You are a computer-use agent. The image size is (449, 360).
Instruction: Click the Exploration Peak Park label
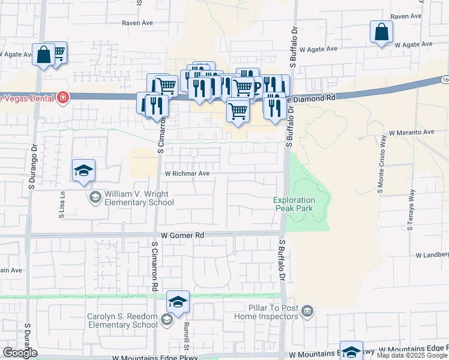[x=294, y=204]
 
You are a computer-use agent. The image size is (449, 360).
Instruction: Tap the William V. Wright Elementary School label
[x=139, y=198]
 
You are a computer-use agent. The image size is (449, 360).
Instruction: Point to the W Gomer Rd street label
[x=179, y=236]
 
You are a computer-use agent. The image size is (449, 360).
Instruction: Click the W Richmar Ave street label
[x=187, y=173]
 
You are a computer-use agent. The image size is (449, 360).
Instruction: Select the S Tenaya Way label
[x=412, y=210]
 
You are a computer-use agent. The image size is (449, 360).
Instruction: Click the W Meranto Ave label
[x=411, y=132]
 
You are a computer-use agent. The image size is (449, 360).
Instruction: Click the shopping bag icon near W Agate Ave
[x=381, y=32]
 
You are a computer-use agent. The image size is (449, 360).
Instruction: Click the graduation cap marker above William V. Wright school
[x=83, y=170]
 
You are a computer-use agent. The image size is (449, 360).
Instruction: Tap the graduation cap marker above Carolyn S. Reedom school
[x=178, y=302]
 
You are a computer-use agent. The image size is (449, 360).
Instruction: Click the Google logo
[x=20, y=353]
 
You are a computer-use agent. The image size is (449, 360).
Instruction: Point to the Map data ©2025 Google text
[x=412, y=355]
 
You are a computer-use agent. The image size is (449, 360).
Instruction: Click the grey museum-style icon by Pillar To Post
[x=307, y=310]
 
